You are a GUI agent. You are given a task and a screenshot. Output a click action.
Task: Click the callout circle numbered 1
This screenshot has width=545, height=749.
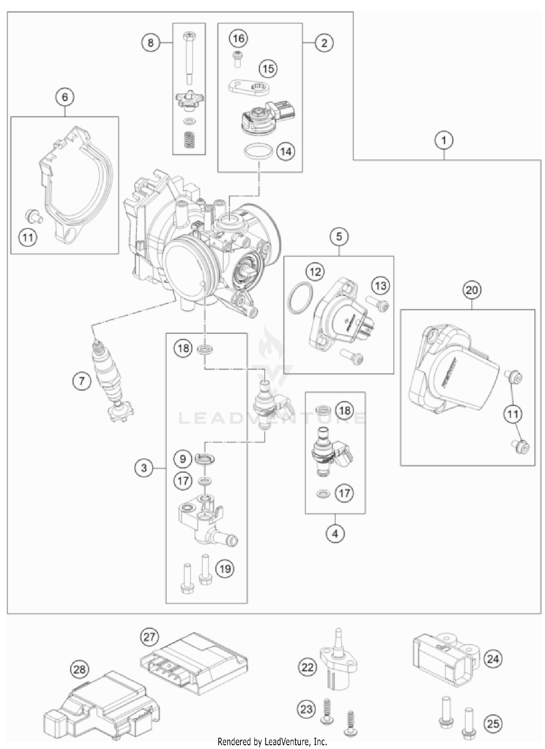click(444, 140)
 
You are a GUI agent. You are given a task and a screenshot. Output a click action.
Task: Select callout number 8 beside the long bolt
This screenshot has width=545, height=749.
click(150, 43)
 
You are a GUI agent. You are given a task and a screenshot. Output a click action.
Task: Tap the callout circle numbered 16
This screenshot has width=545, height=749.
click(239, 38)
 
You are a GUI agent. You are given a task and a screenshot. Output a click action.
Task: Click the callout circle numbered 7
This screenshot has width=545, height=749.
click(81, 381)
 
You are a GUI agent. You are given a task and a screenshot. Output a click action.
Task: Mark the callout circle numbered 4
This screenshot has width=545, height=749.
click(335, 534)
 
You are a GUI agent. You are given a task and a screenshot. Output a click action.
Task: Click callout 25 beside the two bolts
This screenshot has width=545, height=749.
click(493, 724)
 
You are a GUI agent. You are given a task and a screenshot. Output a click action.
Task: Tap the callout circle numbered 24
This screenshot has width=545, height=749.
click(493, 659)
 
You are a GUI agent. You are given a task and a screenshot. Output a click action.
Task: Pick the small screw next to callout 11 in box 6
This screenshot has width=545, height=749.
click(34, 217)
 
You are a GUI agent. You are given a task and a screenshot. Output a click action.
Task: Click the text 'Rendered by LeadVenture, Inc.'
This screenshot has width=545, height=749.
click(272, 741)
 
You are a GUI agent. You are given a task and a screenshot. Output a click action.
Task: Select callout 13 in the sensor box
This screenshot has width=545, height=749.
click(380, 286)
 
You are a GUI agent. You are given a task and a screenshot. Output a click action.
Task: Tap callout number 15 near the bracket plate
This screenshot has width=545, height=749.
click(268, 69)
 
